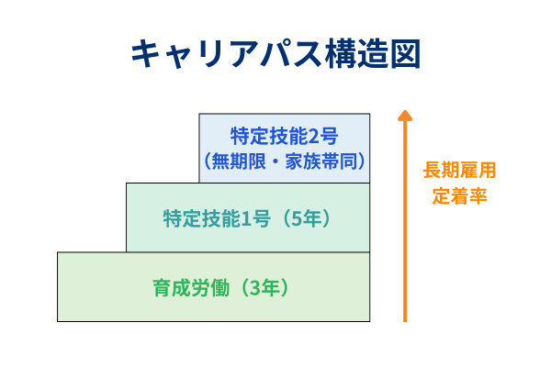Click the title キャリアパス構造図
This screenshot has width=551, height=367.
[x=275, y=53]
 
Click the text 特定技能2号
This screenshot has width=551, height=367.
[x=285, y=137]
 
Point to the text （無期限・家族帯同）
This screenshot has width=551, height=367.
[x=285, y=161]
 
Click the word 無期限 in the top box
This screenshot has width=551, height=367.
[x=237, y=161]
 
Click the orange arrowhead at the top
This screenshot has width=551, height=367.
[x=404, y=117]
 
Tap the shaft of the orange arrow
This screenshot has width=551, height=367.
[x=404, y=229]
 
